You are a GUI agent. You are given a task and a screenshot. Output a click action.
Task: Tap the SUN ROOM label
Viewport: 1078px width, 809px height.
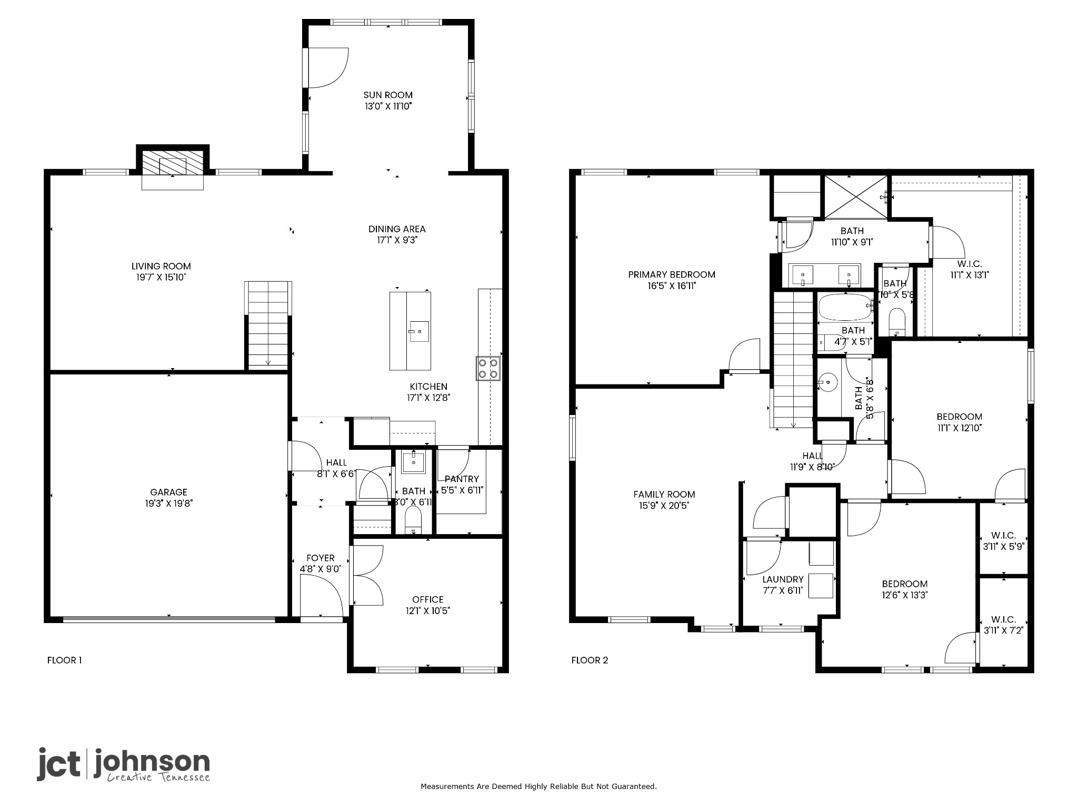pyautogui.click(x=388, y=95)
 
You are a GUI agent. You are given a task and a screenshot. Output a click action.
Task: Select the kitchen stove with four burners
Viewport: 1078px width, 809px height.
pyautogui.click(x=488, y=368)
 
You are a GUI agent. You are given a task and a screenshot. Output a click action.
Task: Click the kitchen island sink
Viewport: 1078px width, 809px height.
pyautogui.click(x=419, y=331)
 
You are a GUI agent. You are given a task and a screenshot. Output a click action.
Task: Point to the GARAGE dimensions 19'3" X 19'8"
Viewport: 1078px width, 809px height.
pyautogui.click(x=169, y=504)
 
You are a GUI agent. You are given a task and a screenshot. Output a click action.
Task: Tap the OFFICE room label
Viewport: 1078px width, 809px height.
pyautogui.click(x=427, y=599)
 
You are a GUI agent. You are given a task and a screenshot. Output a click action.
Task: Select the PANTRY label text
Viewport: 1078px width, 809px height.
pyautogui.click(x=462, y=479)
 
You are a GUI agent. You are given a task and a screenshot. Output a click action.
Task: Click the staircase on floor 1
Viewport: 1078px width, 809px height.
pyautogui.click(x=268, y=327)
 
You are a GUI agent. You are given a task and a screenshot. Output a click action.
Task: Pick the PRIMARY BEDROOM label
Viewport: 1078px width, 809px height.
pyautogui.click(x=671, y=274)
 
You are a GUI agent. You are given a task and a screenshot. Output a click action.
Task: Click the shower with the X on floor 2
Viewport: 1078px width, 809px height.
pyautogui.click(x=855, y=196)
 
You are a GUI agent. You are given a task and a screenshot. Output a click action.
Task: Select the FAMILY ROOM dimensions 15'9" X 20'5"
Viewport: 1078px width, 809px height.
pyautogui.click(x=664, y=506)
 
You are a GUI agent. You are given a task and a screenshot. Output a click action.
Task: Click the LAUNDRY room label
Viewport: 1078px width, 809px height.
pyautogui.click(x=783, y=579)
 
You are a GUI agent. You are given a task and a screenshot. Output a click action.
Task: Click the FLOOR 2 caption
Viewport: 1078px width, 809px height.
pyautogui.click(x=590, y=660)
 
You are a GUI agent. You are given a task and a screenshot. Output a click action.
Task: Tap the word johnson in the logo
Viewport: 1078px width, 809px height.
pyautogui.click(x=152, y=762)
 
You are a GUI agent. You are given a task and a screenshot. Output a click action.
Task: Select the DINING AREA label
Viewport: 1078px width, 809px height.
pyautogui.click(x=397, y=229)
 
